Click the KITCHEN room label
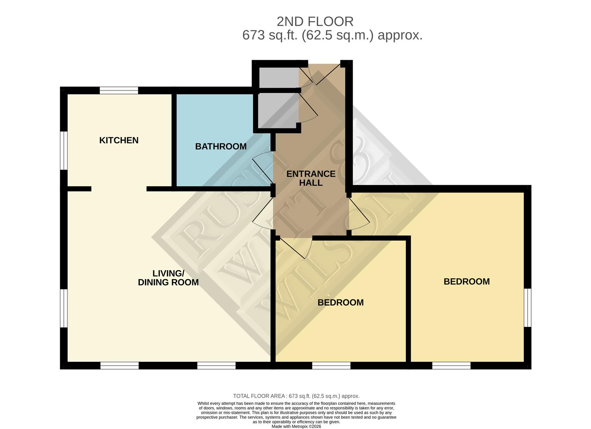(x=119, y=140)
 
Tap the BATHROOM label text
(x=221, y=146)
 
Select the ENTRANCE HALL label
(x=311, y=178)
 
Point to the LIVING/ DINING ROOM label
(x=168, y=278)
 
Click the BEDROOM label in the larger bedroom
(x=466, y=281)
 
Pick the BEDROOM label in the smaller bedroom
(x=340, y=302)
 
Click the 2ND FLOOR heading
(x=315, y=21)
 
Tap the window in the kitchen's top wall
(x=119, y=91)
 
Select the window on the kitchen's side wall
(x=64, y=150)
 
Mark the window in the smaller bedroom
(x=331, y=365)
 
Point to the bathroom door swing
(x=262, y=167)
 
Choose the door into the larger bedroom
(x=359, y=214)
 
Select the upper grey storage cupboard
(x=278, y=77)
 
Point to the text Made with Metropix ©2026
(x=296, y=426)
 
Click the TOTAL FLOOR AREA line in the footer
(x=296, y=396)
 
